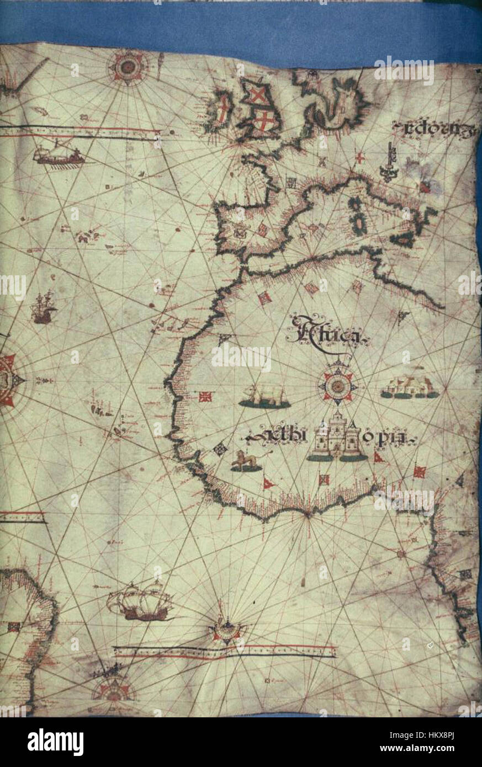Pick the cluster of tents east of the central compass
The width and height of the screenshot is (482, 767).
(x=410, y=387)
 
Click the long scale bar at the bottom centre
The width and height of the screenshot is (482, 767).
(x=224, y=652)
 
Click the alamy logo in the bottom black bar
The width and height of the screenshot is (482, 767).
(x=56, y=742)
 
